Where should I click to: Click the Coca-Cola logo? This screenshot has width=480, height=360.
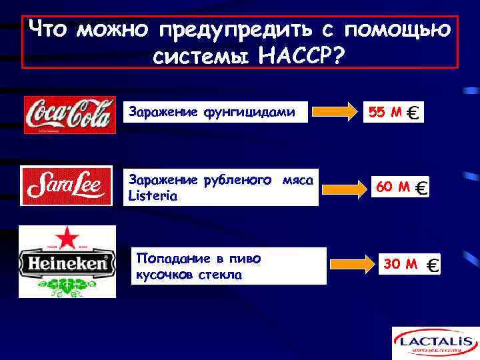[x=69, y=115]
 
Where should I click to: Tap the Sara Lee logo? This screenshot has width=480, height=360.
[x=66, y=186]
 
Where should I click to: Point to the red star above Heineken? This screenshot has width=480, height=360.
[x=67, y=238]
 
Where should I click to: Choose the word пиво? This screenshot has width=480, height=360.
[x=247, y=258]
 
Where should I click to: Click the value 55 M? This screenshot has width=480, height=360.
[x=385, y=113]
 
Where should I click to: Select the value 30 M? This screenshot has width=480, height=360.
[x=401, y=264]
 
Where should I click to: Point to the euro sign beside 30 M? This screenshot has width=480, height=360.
[x=431, y=266]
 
